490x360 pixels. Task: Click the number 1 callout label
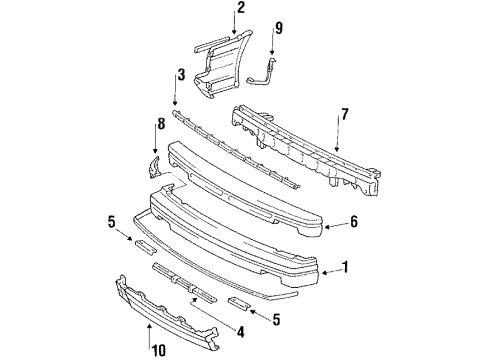tap(347, 266)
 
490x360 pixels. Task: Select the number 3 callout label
tap(181, 73)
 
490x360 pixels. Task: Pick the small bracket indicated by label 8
tap(156, 166)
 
